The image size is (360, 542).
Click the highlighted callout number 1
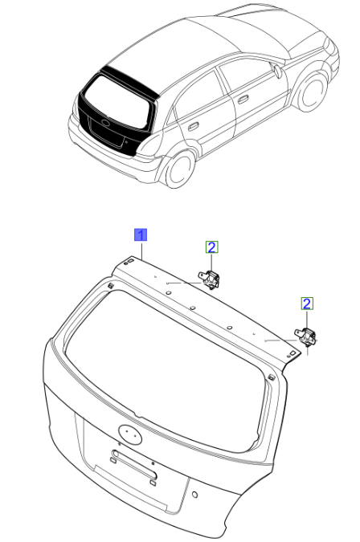tap(141, 234)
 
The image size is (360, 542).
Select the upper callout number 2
tap(211, 247)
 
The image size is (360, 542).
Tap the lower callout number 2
tap(307, 304)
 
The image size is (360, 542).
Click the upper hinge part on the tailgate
tap(209, 279)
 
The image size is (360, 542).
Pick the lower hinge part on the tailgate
tap(305, 336)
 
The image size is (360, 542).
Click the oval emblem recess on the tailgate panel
tap(130, 434)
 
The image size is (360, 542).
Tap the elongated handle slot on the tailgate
tap(134, 464)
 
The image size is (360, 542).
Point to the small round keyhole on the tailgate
tap(194, 495)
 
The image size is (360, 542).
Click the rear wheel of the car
tap(179, 170)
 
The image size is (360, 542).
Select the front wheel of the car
tap(313, 91)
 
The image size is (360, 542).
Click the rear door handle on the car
tap(193, 126)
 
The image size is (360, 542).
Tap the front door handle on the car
tap(243, 100)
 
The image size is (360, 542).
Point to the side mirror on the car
tap(277, 71)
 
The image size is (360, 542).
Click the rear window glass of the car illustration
tap(117, 100)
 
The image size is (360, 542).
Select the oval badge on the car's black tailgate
tap(105, 123)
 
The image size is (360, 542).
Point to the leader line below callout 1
tap(141, 251)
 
